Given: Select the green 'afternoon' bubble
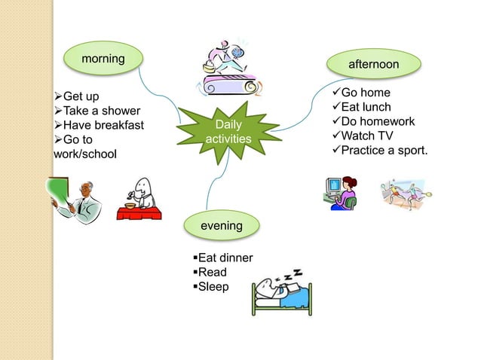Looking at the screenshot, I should pos(373,65).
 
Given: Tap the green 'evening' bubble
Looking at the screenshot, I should pos(221,225).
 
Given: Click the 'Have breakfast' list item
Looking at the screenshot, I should pos(102,125).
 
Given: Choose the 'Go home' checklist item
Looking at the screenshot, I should pos(365,93).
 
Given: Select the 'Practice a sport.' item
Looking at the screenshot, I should pos(384,150).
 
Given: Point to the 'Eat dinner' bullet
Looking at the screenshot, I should pos(223,258).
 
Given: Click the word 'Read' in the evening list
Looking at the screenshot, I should pos(210,273).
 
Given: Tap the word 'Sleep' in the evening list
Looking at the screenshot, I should pos(212,287).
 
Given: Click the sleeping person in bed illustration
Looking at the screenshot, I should pos(280,294).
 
